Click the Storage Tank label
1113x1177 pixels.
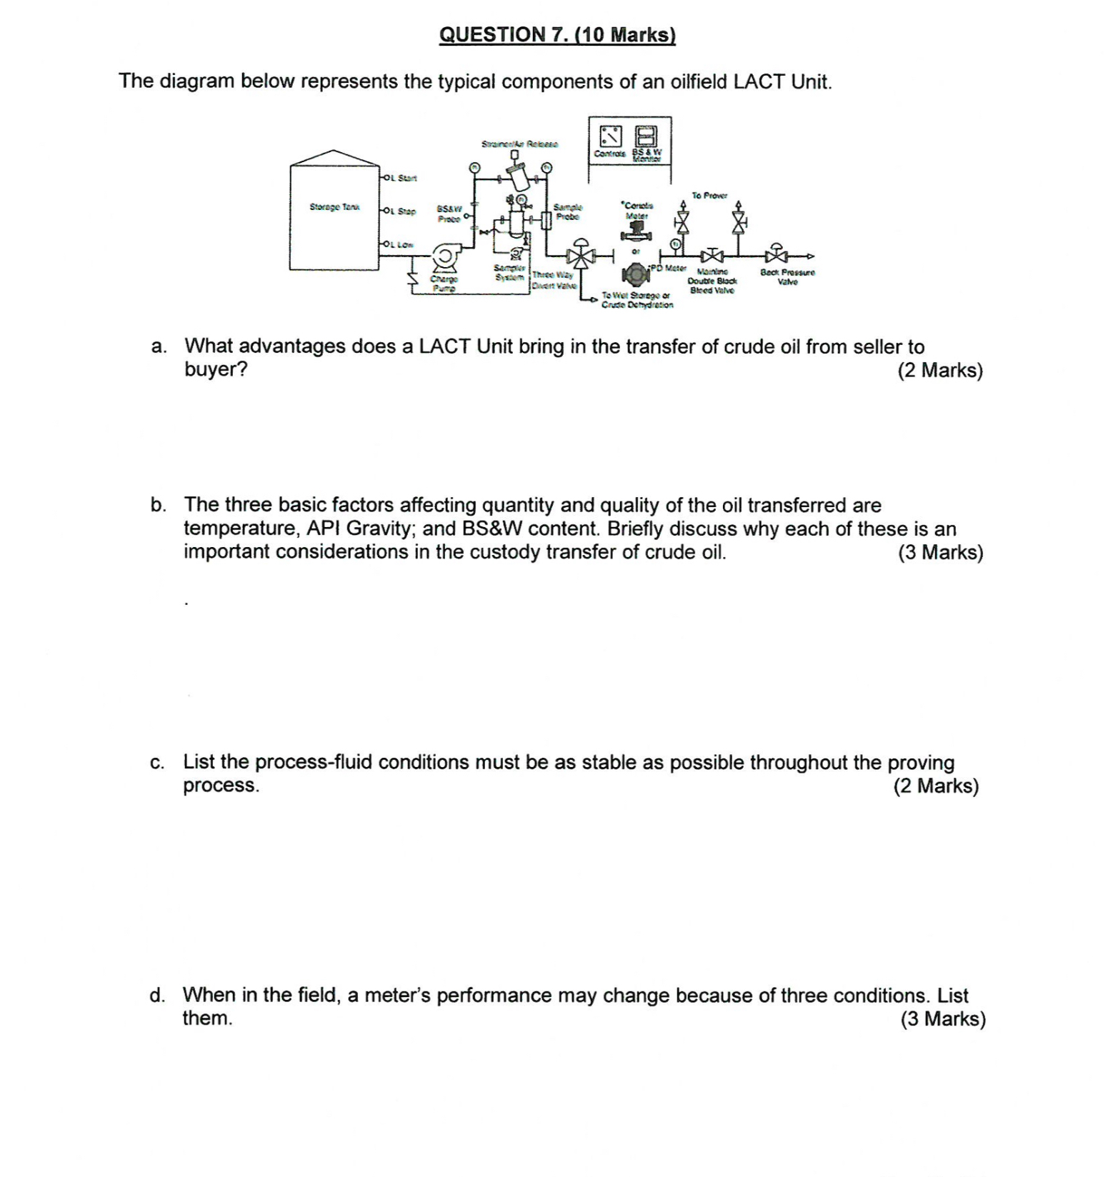334,207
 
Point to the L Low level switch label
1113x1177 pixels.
400,244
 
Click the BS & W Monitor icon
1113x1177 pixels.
647,135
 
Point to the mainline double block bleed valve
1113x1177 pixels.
712,255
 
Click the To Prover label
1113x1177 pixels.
709,195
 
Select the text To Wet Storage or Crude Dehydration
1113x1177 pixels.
636,300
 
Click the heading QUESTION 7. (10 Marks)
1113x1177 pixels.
557,35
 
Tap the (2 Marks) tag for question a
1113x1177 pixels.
939,370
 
